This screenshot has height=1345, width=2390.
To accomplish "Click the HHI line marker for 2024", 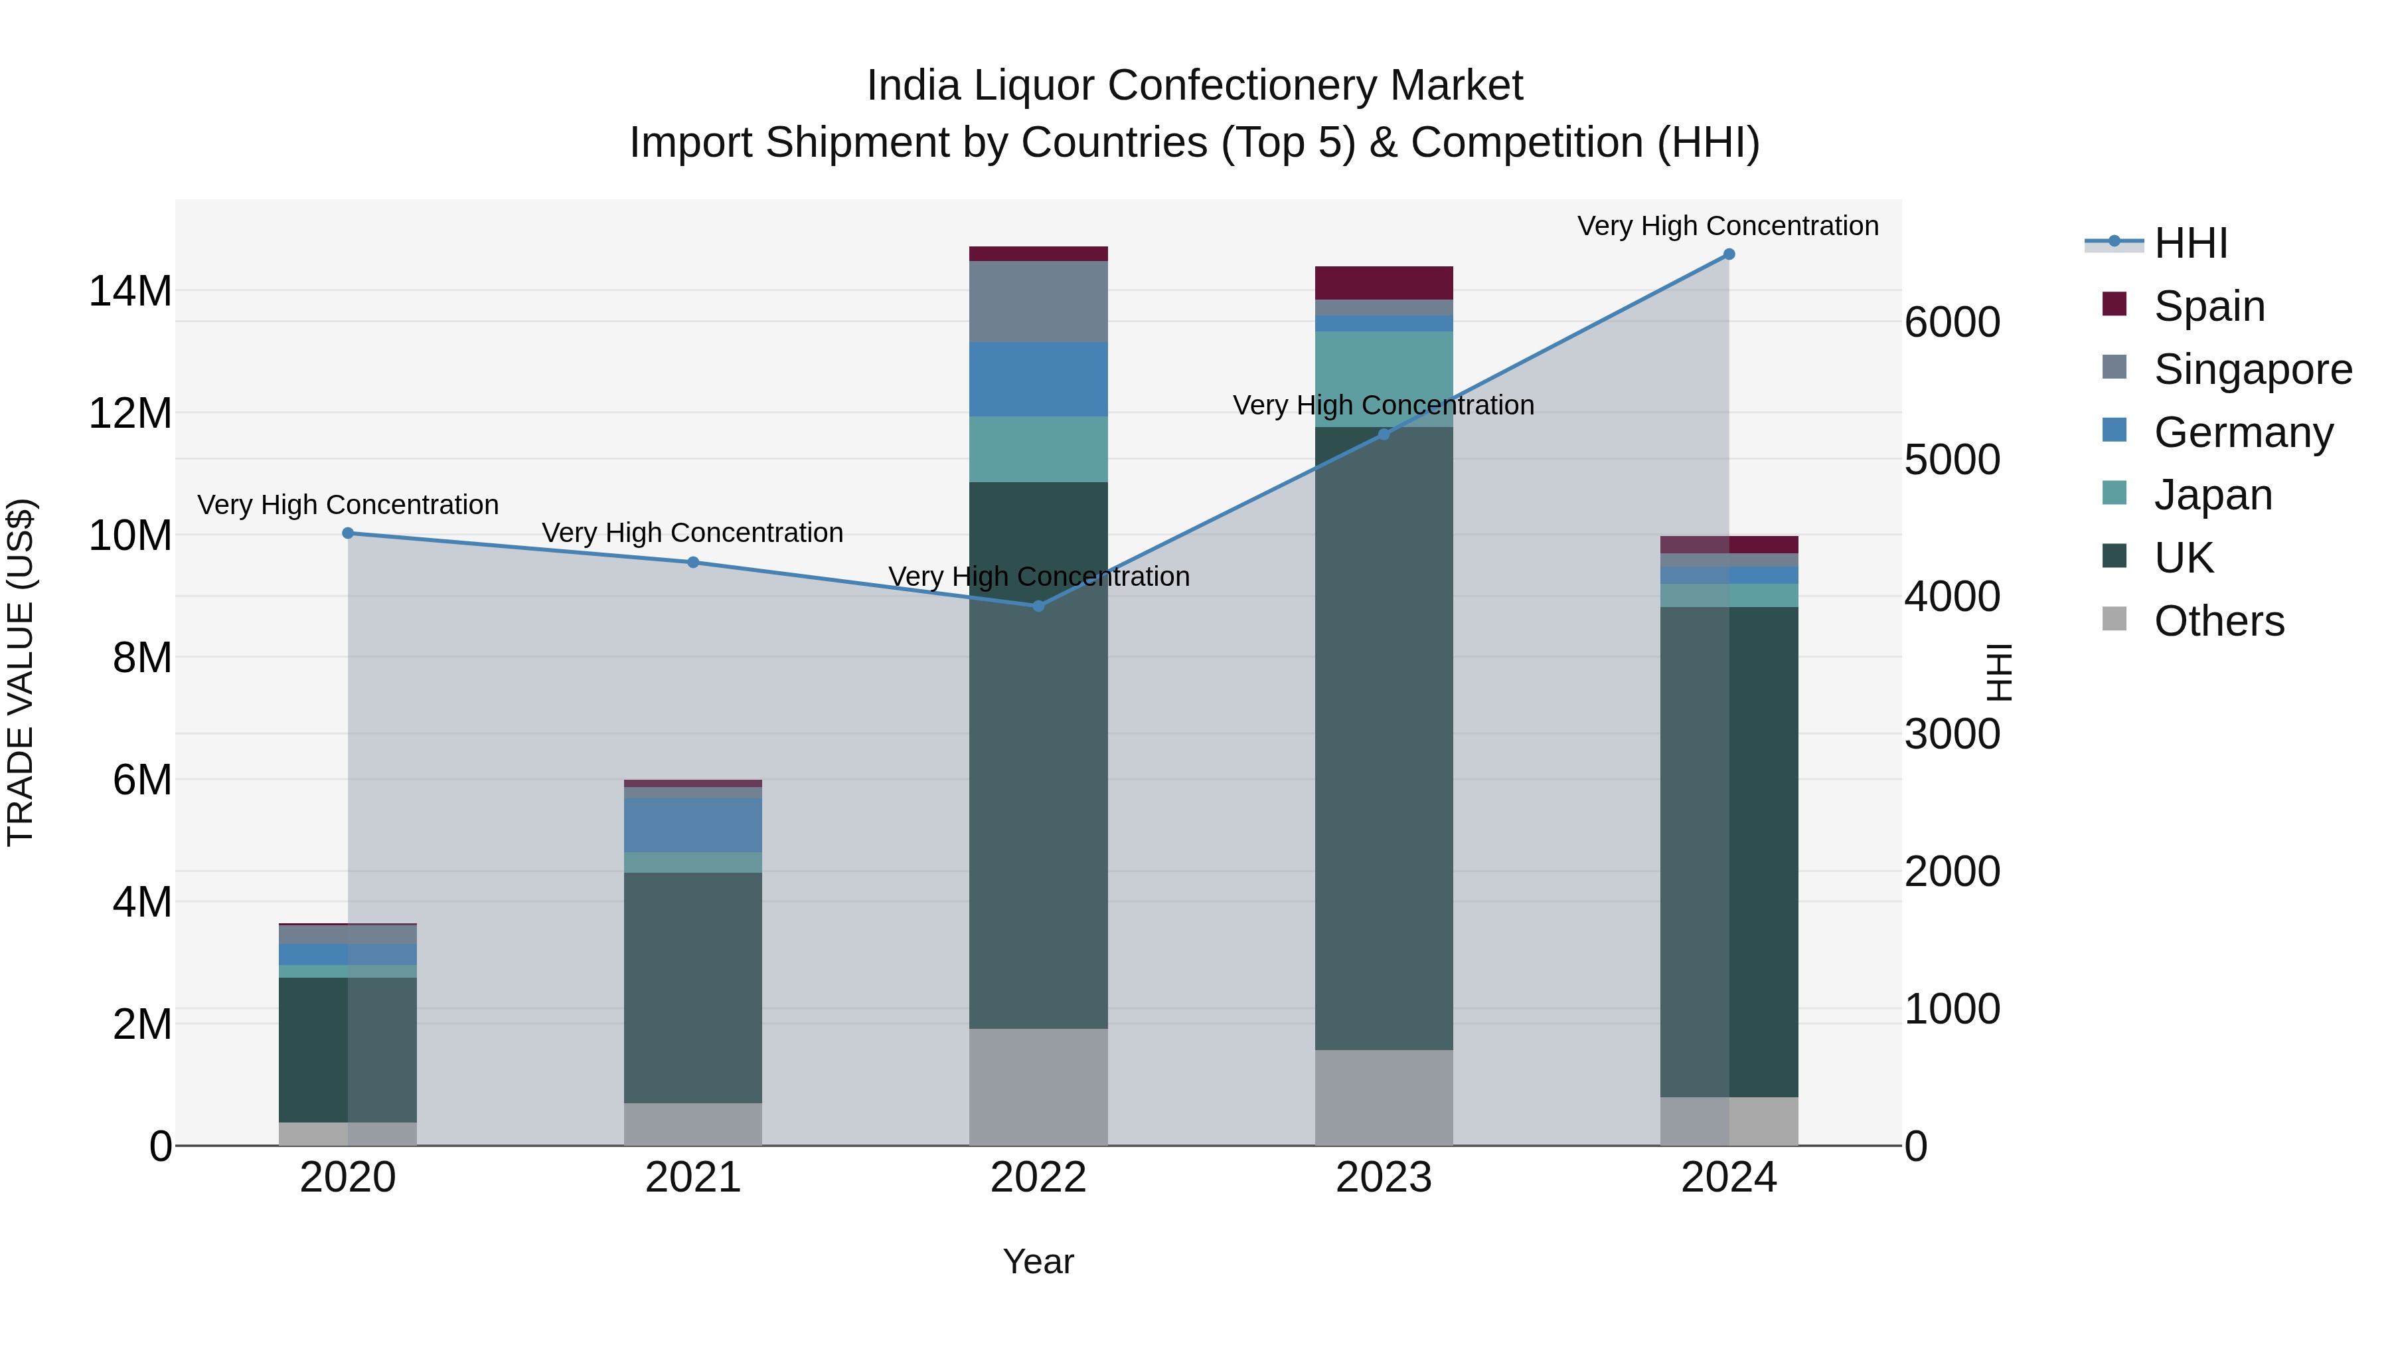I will (x=1729, y=254).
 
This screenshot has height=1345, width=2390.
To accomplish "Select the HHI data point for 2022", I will (x=1038, y=606).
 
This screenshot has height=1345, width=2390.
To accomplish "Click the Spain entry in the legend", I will (x=2209, y=306).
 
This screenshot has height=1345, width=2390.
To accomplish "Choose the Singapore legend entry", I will (x=2253, y=369).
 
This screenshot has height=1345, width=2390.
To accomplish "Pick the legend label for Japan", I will (x=2213, y=495).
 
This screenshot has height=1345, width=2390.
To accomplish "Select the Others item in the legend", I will (x=2218, y=621).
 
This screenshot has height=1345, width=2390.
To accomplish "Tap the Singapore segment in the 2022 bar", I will (x=1038, y=302).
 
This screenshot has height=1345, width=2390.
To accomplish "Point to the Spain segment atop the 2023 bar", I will (x=1384, y=282).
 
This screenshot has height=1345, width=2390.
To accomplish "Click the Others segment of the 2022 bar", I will (x=1038, y=1086).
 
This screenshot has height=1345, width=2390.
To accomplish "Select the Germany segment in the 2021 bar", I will (x=692, y=824).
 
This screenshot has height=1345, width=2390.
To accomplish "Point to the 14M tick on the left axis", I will (x=130, y=292).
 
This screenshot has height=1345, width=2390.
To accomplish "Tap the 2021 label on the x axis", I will (x=692, y=1178).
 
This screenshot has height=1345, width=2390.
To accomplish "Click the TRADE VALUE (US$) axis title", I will (x=21, y=672).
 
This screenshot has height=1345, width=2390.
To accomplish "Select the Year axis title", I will (x=1038, y=1261).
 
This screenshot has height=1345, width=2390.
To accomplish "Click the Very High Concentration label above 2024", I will (x=1727, y=226).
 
